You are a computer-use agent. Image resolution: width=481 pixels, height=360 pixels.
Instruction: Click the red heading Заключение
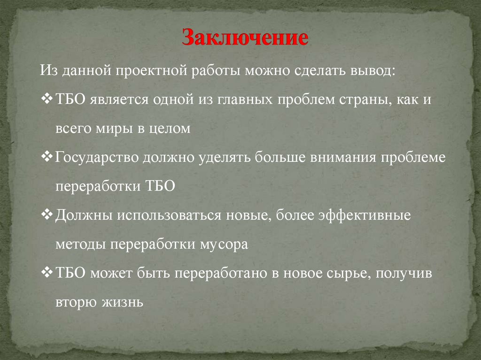245,38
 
